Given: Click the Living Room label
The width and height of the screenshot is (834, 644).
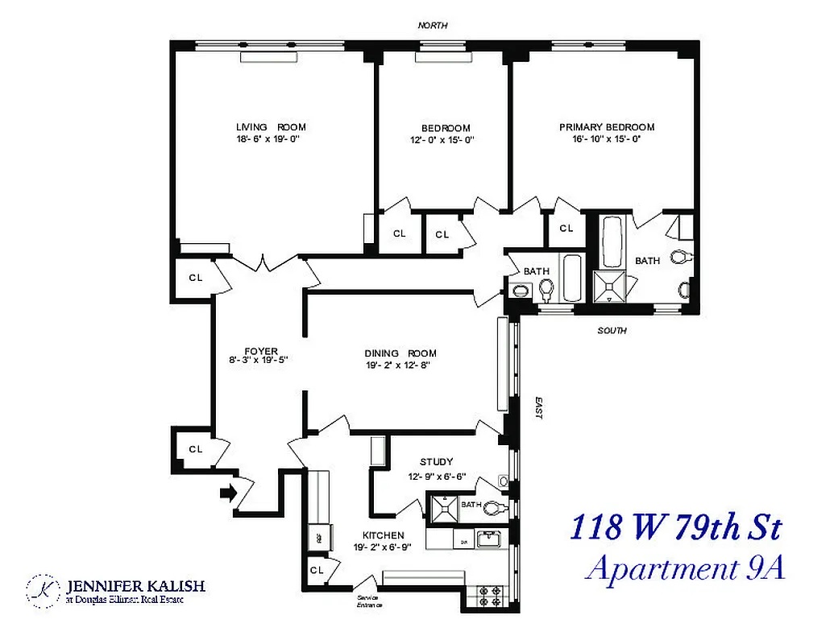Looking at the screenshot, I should coord(271,127).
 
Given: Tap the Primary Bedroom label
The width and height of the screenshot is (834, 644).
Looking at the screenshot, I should coord(607,127).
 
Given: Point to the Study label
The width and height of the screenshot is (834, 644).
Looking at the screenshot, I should coord(437,462).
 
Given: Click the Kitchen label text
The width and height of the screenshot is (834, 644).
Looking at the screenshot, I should coord(383,535).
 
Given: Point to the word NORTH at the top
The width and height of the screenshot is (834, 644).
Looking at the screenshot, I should coord(433,26).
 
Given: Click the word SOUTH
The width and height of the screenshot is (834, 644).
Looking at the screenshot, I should coord(612,331).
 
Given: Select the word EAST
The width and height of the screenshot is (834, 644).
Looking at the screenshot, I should coord(538,408).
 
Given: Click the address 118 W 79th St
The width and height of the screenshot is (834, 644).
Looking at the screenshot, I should coord(675,529).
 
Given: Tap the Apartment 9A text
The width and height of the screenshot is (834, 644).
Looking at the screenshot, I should coord(684,568).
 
